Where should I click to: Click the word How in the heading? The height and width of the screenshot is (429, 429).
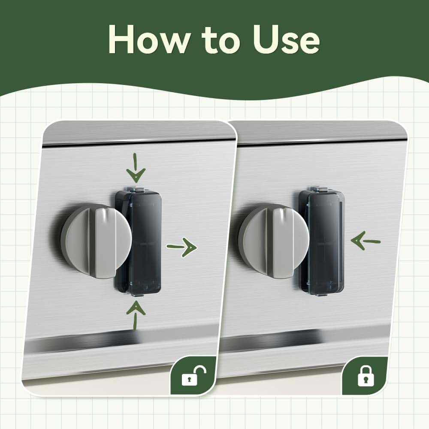pyautogui.click(x=148, y=39)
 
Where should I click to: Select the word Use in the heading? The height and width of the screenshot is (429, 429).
pyautogui.click(x=286, y=39)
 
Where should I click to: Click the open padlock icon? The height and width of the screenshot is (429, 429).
pyautogui.click(x=194, y=376)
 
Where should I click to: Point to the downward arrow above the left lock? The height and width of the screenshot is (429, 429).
pyautogui.click(x=136, y=168)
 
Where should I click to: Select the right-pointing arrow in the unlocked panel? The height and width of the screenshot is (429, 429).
pyautogui.click(x=181, y=248)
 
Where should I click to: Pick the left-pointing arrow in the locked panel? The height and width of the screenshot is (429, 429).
pyautogui.click(x=366, y=241)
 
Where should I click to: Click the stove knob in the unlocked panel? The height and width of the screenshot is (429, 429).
pyautogui.click(x=96, y=241)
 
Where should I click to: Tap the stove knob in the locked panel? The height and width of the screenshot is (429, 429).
pyautogui.click(x=274, y=242)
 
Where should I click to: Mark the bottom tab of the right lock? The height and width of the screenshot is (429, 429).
pyautogui.click(x=321, y=294)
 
